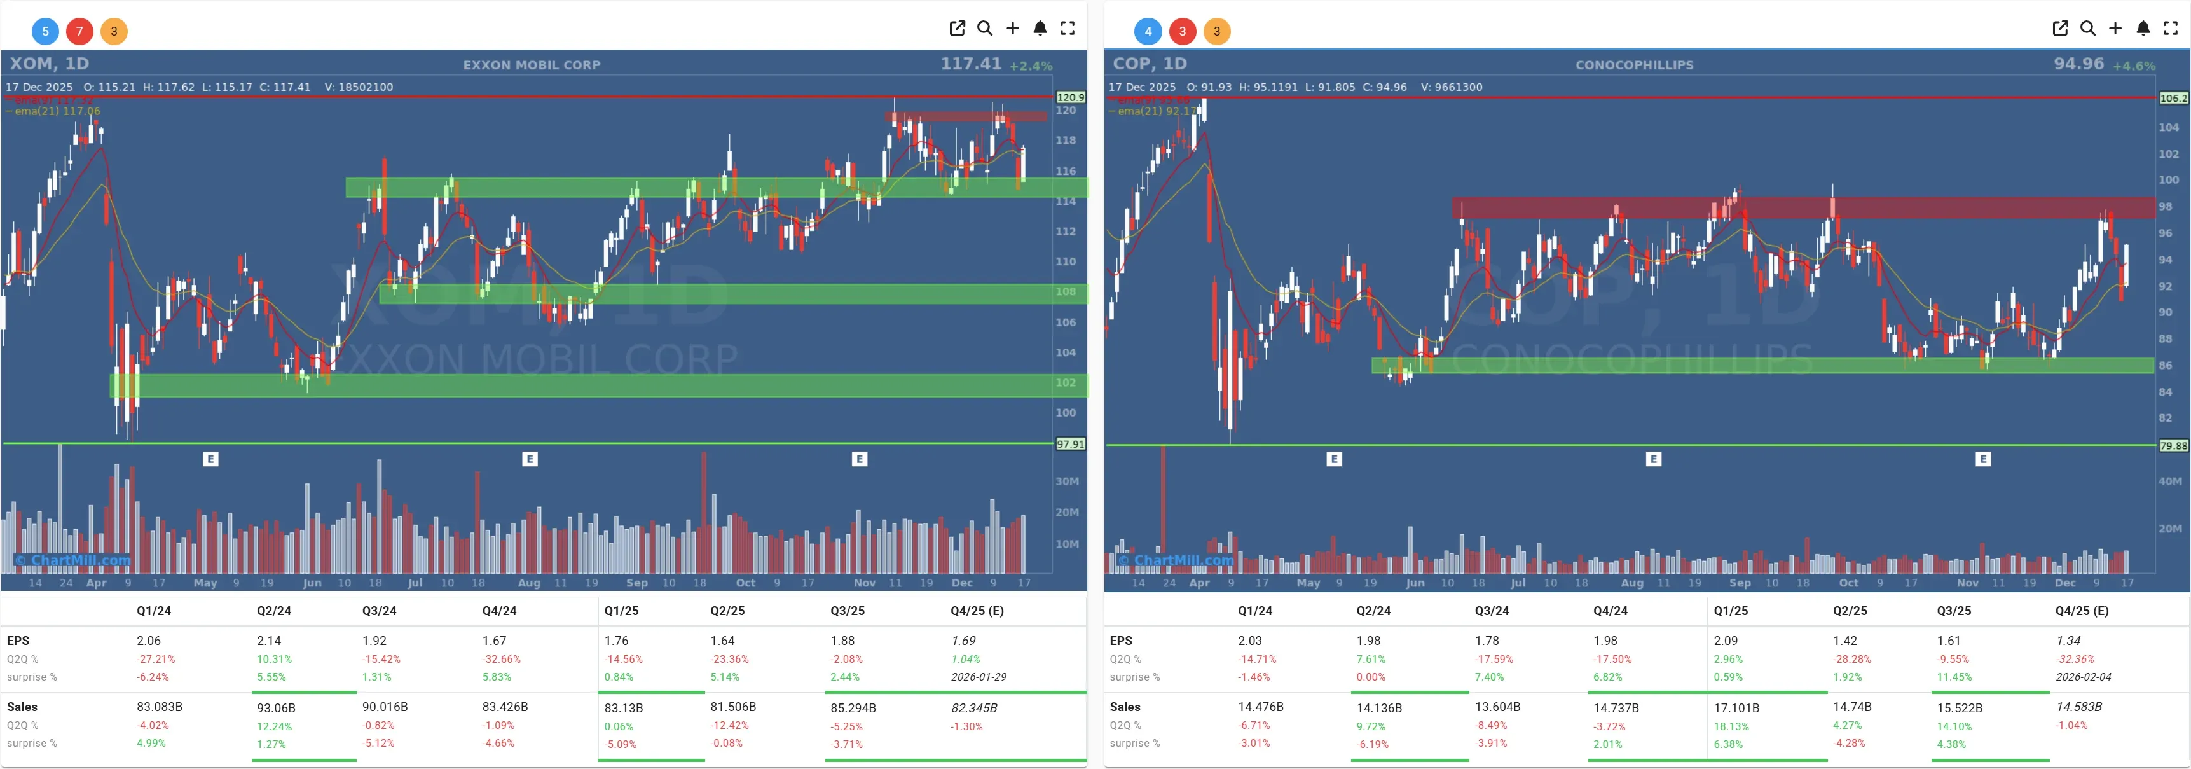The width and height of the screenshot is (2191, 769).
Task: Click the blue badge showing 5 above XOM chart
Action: (x=45, y=31)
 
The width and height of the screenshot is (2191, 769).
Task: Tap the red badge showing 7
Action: (x=79, y=31)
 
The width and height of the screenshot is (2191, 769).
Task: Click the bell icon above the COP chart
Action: (x=2143, y=29)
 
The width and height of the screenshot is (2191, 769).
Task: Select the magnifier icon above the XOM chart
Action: (x=985, y=29)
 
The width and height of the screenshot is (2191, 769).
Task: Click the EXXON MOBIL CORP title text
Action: (x=532, y=65)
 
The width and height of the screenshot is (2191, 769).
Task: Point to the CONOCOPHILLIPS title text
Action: (x=1634, y=65)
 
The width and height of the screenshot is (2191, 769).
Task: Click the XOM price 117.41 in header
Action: (x=970, y=64)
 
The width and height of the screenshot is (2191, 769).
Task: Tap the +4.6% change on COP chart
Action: (x=2133, y=66)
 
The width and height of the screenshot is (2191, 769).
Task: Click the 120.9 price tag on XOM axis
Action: (x=1070, y=97)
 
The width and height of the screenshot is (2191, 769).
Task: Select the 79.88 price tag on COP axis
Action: (x=2173, y=446)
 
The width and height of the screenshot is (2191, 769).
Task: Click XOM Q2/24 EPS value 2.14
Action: (x=269, y=641)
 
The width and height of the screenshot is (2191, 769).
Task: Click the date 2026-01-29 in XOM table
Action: (x=978, y=677)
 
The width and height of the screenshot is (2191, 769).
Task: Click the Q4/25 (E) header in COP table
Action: (x=2081, y=611)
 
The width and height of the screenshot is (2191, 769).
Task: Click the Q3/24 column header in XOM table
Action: (x=380, y=611)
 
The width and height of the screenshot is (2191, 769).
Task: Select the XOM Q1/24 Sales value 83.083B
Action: (x=159, y=707)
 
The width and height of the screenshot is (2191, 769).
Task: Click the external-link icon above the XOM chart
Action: (x=957, y=29)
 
